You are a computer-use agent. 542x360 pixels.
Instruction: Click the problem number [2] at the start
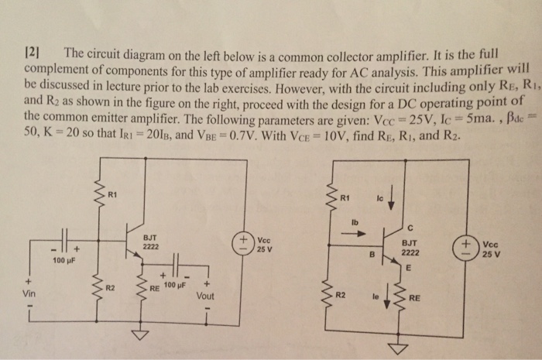(x=32, y=53)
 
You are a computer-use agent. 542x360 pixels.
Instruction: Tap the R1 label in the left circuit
(x=113, y=193)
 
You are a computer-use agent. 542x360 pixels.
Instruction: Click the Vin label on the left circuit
(x=29, y=294)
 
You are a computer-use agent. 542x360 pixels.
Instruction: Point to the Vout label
(x=207, y=295)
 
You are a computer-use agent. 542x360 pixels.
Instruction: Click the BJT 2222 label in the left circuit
(x=153, y=242)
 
